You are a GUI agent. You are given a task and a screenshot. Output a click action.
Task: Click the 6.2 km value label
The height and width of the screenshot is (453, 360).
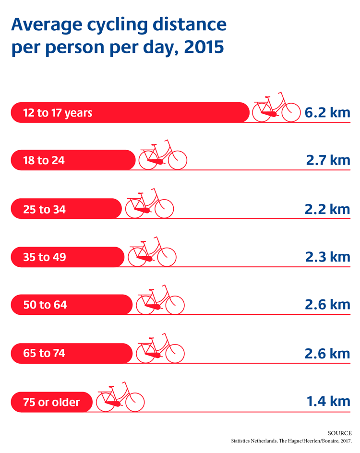point(327,113)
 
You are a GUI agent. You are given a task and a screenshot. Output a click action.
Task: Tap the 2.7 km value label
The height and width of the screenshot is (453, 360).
point(328,160)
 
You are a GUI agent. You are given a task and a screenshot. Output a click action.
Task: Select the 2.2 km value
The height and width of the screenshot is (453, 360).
point(327,209)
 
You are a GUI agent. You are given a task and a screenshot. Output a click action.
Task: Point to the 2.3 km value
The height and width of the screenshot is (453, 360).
point(328,257)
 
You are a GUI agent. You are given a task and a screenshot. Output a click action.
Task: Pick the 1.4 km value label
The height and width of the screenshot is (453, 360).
point(328,402)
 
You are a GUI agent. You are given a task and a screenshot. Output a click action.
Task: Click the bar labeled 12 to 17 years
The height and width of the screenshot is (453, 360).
point(130,113)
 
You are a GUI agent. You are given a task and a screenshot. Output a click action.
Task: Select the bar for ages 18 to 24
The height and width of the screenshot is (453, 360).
point(73,160)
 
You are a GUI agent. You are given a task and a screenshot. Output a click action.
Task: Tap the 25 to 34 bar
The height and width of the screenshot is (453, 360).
point(66,209)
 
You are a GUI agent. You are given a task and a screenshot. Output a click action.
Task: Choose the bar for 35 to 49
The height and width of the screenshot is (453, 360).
point(68,257)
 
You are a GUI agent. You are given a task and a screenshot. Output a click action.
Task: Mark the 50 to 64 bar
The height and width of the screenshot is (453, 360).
point(72,305)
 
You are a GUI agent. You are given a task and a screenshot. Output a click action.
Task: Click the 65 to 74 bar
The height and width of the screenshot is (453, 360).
point(72,353)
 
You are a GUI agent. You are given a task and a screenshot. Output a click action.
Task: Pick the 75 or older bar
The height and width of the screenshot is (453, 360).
point(52,402)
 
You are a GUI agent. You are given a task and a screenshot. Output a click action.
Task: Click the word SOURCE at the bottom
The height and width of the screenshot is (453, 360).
point(340,433)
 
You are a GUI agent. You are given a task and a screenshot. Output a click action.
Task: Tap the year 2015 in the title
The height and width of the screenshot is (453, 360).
point(204,47)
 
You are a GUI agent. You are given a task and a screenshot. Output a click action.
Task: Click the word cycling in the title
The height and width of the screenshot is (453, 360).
point(117,25)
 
